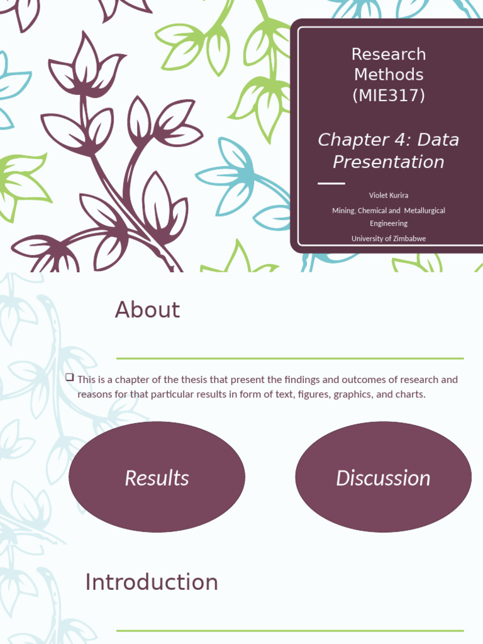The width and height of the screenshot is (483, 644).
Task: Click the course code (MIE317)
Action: coord(388,96)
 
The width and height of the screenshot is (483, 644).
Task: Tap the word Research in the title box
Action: coord(388,54)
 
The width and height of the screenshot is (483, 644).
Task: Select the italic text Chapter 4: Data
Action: coord(388,140)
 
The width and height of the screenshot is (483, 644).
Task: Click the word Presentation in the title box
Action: coord(388,162)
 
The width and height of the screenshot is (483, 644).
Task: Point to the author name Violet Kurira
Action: coord(388,196)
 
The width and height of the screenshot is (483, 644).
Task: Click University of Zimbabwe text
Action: coord(388,238)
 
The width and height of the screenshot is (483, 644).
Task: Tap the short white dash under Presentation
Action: coord(331,184)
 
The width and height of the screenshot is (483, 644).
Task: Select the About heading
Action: coord(147,310)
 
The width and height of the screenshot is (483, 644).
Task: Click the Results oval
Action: coord(157,477)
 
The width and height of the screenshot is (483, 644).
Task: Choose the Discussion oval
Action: coord(383,477)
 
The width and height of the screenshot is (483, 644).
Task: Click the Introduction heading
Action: coord(152,582)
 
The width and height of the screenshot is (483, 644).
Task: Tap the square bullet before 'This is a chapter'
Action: coord(69,377)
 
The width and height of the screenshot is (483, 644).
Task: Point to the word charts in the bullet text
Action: coord(411,395)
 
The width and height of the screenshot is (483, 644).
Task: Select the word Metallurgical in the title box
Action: coord(425,211)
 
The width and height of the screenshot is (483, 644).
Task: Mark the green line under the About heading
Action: coord(290,358)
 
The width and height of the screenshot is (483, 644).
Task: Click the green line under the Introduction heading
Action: coord(290,630)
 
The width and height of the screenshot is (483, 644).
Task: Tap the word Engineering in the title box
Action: coord(388,223)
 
